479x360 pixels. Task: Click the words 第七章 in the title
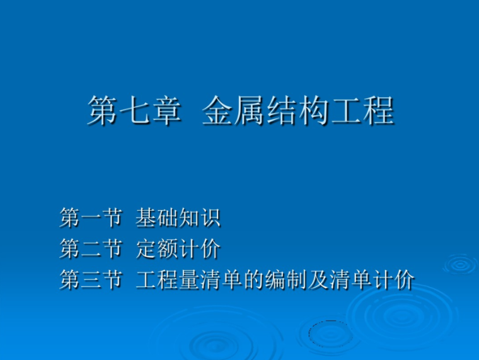click(134, 111)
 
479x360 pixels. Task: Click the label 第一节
click(90, 218)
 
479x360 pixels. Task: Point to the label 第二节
click(90, 248)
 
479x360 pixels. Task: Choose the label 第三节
click(90, 279)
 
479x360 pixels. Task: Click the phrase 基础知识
click(178, 218)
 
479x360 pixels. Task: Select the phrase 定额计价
click(178, 248)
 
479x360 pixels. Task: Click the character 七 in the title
click(134, 111)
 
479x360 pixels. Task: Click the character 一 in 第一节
click(91, 218)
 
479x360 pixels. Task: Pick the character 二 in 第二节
click(91, 248)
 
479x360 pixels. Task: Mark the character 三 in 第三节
click(91, 279)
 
